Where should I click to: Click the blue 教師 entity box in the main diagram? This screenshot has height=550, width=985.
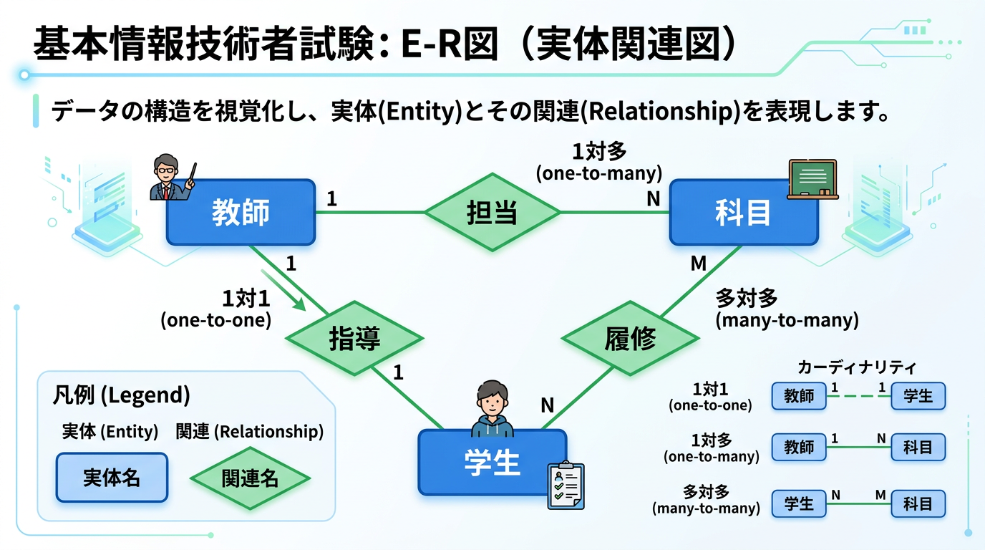coord(241,212)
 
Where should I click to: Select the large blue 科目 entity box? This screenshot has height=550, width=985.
coord(743,212)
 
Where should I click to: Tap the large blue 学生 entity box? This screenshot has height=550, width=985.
coord(492,463)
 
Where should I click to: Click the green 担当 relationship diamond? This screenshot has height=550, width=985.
coord(492,212)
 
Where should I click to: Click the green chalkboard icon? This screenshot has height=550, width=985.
coord(812,179)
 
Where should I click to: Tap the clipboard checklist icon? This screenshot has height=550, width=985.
coord(566,486)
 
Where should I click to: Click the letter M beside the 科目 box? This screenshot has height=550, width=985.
coord(698,264)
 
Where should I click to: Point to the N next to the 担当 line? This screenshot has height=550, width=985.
coord(653,199)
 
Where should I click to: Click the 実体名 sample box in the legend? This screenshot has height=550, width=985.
coord(112,478)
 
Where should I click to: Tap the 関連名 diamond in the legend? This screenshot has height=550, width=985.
coord(250,478)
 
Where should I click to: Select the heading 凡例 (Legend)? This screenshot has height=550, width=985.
coord(121,395)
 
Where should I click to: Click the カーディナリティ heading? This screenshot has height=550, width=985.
coord(857,368)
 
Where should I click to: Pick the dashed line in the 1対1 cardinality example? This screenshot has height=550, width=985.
coord(859,396)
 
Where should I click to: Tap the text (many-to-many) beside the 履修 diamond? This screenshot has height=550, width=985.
coord(787,320)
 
